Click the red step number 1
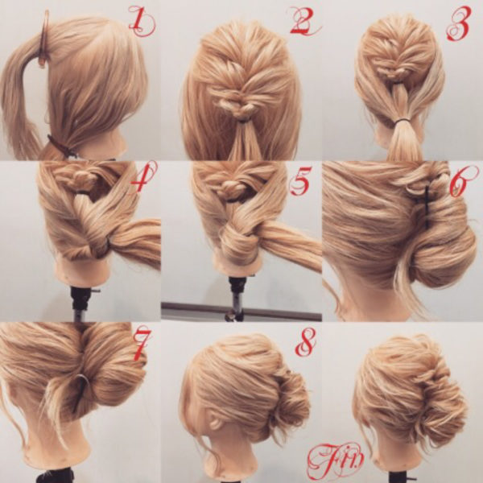click(x=142, y=23)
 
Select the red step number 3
click(x=459, y=24)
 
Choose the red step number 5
click(x=301, y=181)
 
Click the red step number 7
click(x=142, y=345)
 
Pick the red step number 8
click(x=306, y=341)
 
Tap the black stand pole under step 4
click(x=80, y=303)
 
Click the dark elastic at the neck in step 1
click(x=60, y=146)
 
